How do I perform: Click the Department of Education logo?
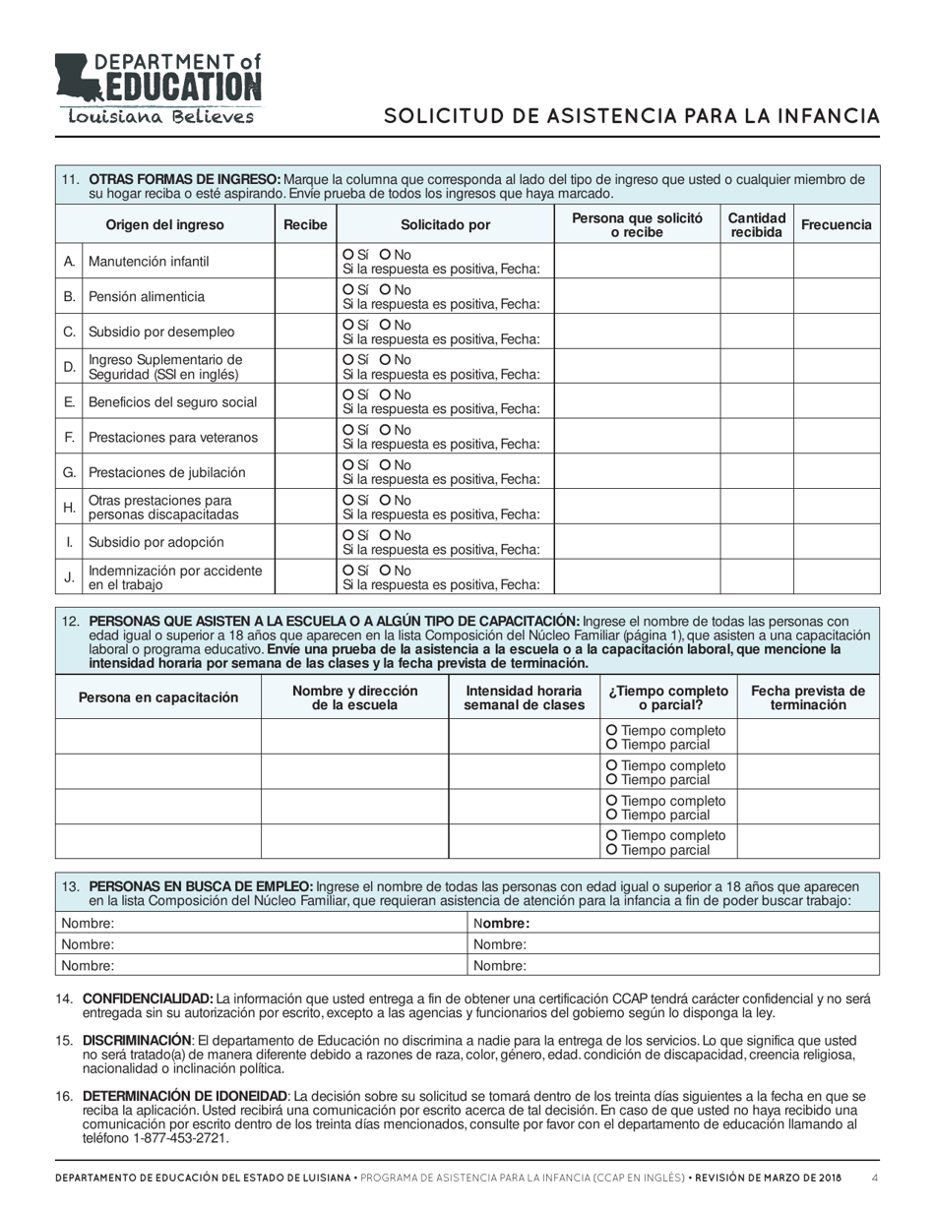[158, 89]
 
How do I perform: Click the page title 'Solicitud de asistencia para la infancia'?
[631, 116]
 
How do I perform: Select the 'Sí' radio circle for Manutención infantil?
[348, 254]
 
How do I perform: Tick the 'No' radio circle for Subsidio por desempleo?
[386, 325]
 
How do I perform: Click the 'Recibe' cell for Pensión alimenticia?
[305, 296]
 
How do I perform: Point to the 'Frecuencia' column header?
[837, 224]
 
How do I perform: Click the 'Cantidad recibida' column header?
[757, 224]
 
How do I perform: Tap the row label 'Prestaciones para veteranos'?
[173, 437]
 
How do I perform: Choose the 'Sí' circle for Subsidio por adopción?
[348, 535]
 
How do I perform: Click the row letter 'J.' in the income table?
[69, 578]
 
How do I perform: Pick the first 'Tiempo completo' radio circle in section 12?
[613, 731]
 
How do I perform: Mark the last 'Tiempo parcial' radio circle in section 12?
[613, 850]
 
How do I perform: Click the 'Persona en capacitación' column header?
[158, 697]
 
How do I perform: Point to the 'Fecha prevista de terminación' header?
[808, 697]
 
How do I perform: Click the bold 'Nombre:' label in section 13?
[502, 924]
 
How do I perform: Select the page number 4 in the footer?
[875, 1179]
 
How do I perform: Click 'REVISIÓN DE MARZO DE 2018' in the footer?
[764, 1179]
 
